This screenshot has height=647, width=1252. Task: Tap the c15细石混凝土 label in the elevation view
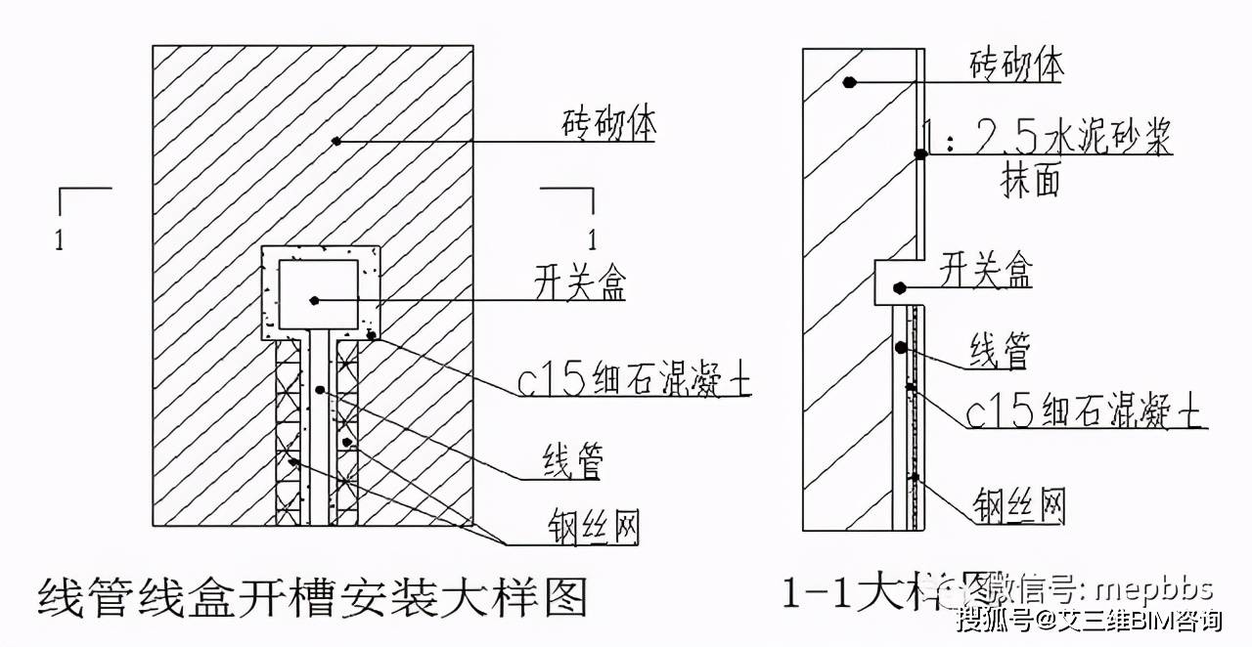(652, 382)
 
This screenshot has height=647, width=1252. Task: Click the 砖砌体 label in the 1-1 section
(1016, 66)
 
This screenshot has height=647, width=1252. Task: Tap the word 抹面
(1030, 182)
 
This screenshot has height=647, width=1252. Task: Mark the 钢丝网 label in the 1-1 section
(1018, 505)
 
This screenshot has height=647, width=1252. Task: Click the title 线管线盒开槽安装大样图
(312, 596)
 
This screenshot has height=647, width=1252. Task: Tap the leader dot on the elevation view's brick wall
(336, 141)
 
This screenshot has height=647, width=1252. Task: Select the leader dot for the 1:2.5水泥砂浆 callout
(919, 153)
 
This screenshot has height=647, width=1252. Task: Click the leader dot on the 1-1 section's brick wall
(851, 83)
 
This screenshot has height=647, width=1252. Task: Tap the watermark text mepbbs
(1153, 589)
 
